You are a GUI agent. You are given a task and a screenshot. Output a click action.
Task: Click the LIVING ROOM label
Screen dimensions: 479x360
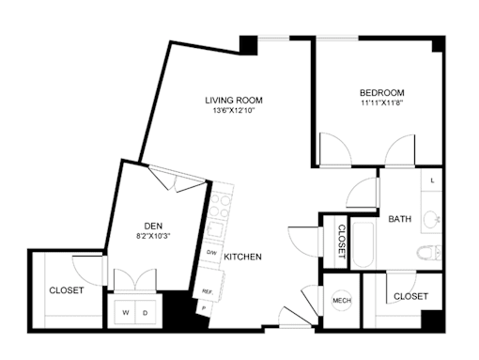(234, 101)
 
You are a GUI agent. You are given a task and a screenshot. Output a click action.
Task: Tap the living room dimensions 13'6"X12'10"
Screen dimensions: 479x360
(234, 110)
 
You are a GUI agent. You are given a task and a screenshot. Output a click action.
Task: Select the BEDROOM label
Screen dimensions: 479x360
(381, 93)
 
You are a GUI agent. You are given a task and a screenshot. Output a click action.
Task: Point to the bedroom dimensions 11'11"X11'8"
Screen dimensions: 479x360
(381, 102)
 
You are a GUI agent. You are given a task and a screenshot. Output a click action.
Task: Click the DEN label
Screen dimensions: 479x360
(153, 226)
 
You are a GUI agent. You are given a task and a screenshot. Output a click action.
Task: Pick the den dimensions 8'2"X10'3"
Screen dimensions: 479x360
(153, 236)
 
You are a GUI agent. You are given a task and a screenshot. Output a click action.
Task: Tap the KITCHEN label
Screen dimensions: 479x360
(242, 257)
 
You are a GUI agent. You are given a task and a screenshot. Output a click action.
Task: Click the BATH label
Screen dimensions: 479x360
(399, 219)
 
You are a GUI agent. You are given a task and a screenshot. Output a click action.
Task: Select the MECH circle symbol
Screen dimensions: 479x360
(342, 301)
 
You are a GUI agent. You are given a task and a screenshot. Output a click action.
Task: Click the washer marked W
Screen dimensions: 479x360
(125, 312)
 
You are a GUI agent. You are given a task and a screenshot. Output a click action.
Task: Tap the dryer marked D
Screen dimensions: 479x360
(146, 312)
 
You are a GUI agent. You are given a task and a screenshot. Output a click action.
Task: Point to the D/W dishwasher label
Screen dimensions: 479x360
(211, 252)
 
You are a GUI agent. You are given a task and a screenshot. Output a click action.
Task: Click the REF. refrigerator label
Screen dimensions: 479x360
(207, 291)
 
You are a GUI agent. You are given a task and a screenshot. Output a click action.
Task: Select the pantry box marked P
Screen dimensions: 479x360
(204, 308)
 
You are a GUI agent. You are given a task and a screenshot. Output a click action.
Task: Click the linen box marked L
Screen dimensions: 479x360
(432, 180)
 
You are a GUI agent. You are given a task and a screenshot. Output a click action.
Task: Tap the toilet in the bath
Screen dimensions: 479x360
(429, 252)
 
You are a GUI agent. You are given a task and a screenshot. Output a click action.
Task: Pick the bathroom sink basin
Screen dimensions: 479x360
(432, 219)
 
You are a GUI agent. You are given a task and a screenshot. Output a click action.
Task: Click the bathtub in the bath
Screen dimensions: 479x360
(363, 245)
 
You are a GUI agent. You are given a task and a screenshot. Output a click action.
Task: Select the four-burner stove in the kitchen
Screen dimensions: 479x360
(220, 205)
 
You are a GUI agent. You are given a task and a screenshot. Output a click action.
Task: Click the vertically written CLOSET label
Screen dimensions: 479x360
(342, 242)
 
